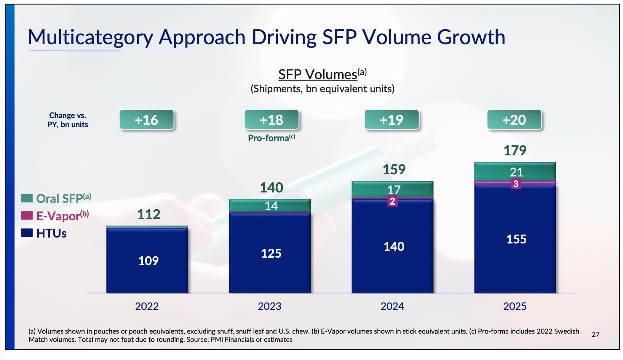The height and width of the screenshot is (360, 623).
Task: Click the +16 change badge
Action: pyautogui.click(x=146, y=120)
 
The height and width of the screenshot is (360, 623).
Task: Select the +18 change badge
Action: pyautogui.click(x=271, y=120)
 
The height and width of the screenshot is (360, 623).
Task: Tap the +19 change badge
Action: pyautogui.click(x=392, y=120)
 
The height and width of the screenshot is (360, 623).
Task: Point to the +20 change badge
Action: pyautogui.click(x=514, y=120)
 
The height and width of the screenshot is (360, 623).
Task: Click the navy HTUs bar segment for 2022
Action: pyautogui.click(x=147, y=260)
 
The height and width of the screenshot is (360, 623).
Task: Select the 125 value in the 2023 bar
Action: pyautogui.click(x=271, y=254)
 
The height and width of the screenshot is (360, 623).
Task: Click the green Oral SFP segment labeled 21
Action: pyautogui.click(x=515, y=171)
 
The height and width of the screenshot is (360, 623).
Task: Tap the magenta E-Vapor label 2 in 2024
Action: pyautogui.click(x=392, y=201)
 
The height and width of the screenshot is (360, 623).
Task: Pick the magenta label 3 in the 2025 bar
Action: pyautogui.click(x=516, y=184)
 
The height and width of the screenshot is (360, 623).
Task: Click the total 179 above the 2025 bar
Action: pyautogui.click(x=515, y=151)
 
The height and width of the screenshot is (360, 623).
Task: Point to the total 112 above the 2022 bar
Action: pyautogui.click(x=149, y=214)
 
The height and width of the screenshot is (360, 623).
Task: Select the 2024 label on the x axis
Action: pyautogui.click(x=392, y=306)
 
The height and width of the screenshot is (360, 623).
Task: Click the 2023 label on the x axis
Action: pyautogui.click(x=269, y=306)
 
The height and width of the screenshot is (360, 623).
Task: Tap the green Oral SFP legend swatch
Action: pyautogui.click(x=27, y=198)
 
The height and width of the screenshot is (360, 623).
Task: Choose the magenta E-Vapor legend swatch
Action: pyautogui.click(x=27, y=216)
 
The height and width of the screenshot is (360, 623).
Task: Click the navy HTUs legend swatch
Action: pyautogui.click(x=27, y=233)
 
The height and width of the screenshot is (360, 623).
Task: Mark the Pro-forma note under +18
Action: pyautogui.click(x=271, y=138)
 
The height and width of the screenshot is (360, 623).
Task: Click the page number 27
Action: pyautogui.click(x=595, y=334)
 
